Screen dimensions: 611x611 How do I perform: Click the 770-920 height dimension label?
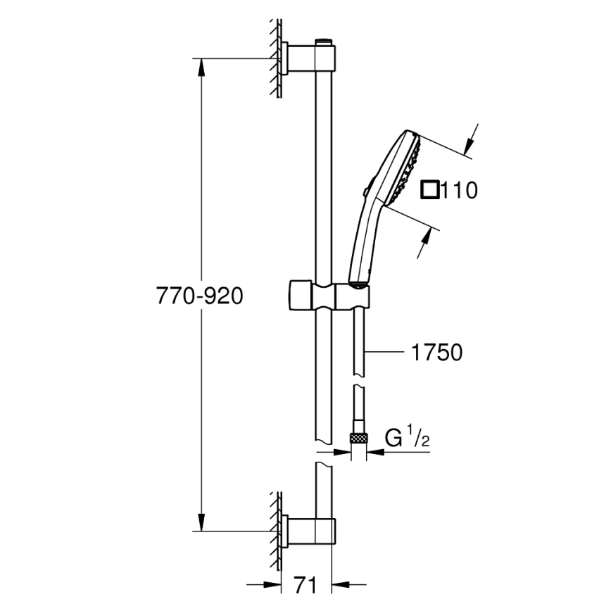tap(199, 296)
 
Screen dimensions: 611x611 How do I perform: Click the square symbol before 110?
tap(429, 189)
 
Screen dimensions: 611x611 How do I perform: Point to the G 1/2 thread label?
tap(407, 439)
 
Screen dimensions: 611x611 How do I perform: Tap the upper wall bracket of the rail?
tap(309, 58)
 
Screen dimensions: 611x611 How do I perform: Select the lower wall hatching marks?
tap(276, 531)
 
